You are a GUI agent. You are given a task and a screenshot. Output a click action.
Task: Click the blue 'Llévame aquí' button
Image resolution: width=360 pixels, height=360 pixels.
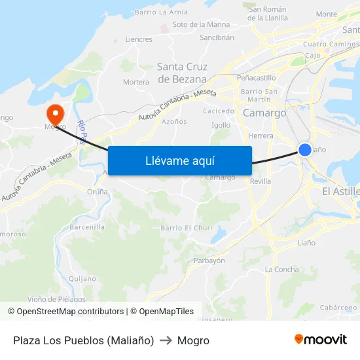coord(179,160)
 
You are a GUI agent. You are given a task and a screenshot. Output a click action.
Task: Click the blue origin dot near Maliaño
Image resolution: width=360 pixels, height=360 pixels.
coord(305,150)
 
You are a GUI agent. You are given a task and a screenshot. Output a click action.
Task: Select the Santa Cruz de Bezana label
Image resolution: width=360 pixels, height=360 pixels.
coord(183,73)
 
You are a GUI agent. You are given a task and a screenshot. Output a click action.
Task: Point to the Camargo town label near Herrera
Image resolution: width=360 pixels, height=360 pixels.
coord(264,113)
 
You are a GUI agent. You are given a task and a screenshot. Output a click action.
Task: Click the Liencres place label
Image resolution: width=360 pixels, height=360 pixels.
coord(139,39)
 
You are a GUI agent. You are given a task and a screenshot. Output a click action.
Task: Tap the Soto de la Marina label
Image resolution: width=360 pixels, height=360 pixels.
coord(201,25)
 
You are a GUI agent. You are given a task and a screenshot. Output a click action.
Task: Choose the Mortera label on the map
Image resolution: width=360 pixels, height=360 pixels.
coord(136,82)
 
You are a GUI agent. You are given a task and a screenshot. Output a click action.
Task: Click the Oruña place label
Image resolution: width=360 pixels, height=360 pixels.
coord(98,192)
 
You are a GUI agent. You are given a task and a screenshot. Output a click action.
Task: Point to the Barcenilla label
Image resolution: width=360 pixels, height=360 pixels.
coord(87,227)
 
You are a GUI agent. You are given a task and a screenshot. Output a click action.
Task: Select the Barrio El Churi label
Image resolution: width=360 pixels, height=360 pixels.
coord(187,228)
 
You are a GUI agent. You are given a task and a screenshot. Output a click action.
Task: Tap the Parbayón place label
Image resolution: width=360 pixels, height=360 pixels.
coord(209,261)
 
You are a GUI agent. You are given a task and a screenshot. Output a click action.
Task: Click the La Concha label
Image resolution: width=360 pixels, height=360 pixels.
coord(281,270)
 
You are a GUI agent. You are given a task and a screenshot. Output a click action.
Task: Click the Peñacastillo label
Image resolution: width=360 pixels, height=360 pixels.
coord(256,77)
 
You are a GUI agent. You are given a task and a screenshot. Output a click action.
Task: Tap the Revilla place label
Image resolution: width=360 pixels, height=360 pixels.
coord(260,181)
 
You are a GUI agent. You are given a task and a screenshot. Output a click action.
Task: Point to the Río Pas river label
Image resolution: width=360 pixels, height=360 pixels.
coord(82,132)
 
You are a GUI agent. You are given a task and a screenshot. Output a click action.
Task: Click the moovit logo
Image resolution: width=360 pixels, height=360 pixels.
coord(321,340)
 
